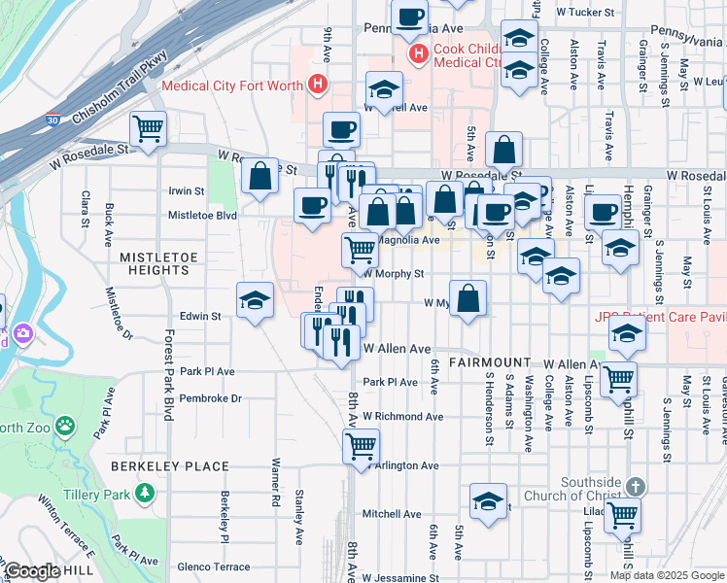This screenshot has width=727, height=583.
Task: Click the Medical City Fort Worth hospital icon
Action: (316, 86)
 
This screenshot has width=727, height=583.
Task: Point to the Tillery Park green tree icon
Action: (145, 494)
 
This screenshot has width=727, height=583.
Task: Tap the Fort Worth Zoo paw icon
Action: (64, 426)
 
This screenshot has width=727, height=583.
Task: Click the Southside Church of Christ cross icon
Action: (634, 486)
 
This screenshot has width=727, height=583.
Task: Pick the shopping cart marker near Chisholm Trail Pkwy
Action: (148, 128)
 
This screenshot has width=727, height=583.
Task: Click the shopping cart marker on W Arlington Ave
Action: (361, 446)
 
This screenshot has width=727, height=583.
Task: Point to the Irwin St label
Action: (187, 192)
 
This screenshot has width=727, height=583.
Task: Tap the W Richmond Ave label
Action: (402, 417)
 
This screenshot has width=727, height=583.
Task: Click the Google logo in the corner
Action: (32, 571)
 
